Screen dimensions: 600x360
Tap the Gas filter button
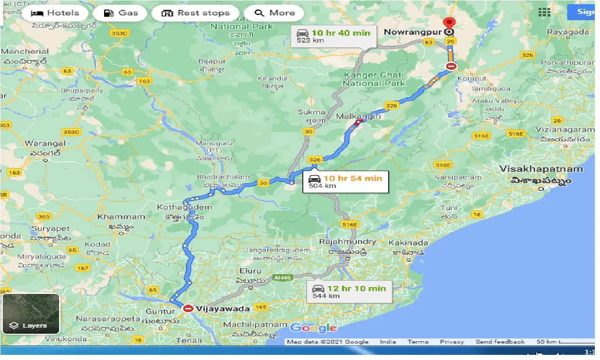(x=122, y=13)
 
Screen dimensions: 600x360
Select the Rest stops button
(x=195, y=13)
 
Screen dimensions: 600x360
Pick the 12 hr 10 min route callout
(x=349, y=292)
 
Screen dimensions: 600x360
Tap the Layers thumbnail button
(x=30, y=313)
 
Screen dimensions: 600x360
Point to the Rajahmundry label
(x=347, y=242)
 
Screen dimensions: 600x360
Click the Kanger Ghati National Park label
(x=374, y=79)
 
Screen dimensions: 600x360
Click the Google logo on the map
(x=313, y=328)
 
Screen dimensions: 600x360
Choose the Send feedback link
(x=500, y=342)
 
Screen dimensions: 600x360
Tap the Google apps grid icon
(x=544, y=13)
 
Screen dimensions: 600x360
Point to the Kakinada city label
(x=408, y=243)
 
